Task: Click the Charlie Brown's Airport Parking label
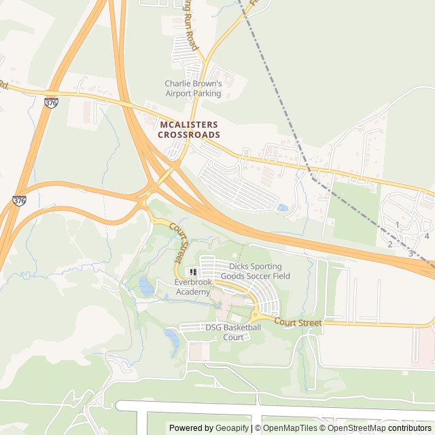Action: [193, 88]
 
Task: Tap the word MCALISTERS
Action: [189, 125]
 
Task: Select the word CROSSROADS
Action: [189, 135]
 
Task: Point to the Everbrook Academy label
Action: [193, 287]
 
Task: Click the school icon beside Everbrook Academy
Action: [193, 272]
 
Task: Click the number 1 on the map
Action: [398, 224]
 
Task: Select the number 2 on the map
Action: [390, 243]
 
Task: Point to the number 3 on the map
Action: [410, 254]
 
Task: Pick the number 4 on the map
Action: [427, 236]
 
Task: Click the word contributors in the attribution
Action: [410, 428]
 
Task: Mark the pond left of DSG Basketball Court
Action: [173, 334]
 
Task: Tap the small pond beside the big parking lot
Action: [283, 207]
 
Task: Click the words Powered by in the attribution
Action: [190, 428]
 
